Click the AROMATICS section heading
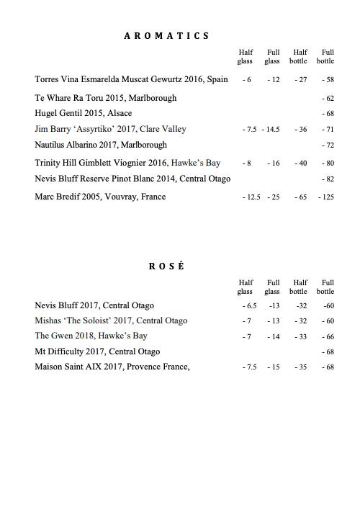point(166,35)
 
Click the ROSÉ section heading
point(166,266)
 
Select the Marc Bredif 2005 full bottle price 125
point(326,197)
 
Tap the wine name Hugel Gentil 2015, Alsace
point(84,113)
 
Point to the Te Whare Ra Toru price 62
point(328,98)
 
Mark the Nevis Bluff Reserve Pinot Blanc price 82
point(328,179)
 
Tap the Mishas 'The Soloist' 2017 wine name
point(111,320)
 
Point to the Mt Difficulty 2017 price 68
point(328,352)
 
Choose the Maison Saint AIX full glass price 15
point(273,367)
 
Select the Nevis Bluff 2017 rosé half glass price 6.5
point(251,306)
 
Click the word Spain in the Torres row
point(217,79)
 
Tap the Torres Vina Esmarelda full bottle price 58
point(328,80)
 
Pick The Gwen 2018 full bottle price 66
point(328,336)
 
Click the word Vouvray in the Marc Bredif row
point(122,197)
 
